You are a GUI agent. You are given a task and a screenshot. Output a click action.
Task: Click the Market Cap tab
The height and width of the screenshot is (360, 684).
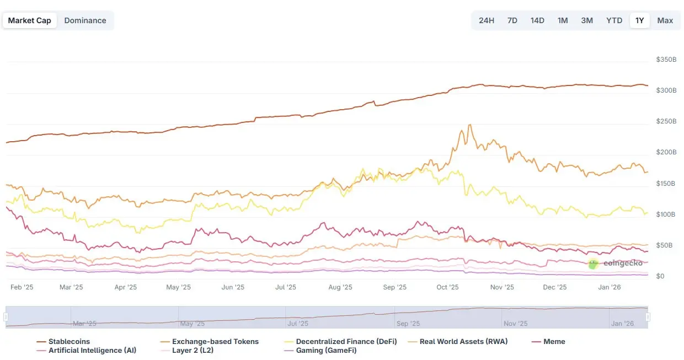tap(29, 20)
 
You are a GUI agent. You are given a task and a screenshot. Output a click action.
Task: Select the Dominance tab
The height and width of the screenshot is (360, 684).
tap(85, 20)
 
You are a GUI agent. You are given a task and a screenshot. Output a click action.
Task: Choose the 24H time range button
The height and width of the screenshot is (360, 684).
tap(486, 20)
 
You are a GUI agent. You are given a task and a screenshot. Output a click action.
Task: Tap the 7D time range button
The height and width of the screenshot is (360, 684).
tap(512, 20)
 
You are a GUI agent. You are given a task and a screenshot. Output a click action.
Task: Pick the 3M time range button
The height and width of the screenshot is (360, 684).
tap(586, 20)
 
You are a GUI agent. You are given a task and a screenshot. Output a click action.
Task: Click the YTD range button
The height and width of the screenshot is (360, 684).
tap(614, 20)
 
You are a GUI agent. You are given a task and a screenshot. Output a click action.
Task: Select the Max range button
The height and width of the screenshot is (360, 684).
tap(665, 20)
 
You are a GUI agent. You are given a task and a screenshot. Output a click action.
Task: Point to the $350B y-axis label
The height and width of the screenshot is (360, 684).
tap(666, 59)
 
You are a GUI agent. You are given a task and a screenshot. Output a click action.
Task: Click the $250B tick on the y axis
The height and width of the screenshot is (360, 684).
tap(666, 121)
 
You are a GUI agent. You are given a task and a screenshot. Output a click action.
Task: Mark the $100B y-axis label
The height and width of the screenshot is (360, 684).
tap(666, 214)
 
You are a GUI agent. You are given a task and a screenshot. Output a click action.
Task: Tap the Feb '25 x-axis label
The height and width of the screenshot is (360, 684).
tap(22, 287)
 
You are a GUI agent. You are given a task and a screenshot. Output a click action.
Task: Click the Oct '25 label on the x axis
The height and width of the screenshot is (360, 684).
tap(447, 287)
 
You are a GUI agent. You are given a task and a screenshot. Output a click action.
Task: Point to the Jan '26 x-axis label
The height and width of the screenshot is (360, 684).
tap(610, 287)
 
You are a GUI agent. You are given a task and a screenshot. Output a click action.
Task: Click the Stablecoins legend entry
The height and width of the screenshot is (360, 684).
tap(68, 342)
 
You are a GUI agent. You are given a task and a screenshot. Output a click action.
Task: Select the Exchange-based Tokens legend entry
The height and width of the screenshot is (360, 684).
tap(215, 342)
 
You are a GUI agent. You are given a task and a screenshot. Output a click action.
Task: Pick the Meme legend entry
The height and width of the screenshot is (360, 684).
tap(554, 342)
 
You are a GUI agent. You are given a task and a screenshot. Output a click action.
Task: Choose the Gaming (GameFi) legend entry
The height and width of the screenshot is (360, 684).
tap(326, 351)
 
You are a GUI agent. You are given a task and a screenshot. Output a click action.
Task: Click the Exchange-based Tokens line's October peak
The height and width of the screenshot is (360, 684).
tap(469, 125)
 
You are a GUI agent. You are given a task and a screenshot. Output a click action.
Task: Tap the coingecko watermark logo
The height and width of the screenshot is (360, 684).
tap(593, 264)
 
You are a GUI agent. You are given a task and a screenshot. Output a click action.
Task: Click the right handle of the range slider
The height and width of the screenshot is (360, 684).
tap(648, 317)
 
